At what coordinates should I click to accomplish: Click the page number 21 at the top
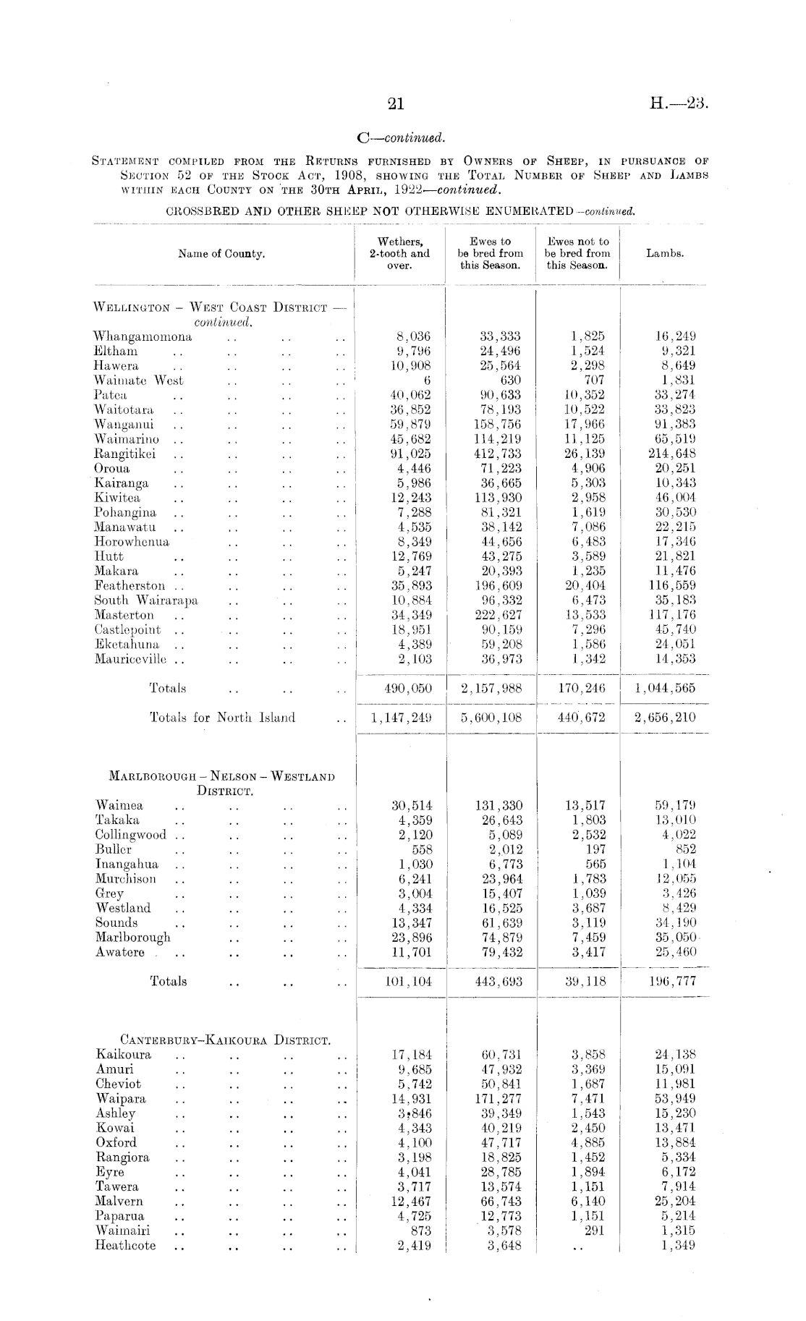coord(395,104)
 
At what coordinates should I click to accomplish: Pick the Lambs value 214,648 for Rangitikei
coord(672,454)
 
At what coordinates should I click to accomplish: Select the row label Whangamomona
coord(143,336)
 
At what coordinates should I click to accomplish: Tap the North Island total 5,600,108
coord(491,718)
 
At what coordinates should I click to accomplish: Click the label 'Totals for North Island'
coord(222,718)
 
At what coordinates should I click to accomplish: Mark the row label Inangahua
coord(127,865)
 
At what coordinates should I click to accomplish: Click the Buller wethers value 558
coord(421,850)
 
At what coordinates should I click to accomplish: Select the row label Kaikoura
coord(124,1055)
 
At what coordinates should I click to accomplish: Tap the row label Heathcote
coord(126,1246)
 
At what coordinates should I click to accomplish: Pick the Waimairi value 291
coord(593,1231)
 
